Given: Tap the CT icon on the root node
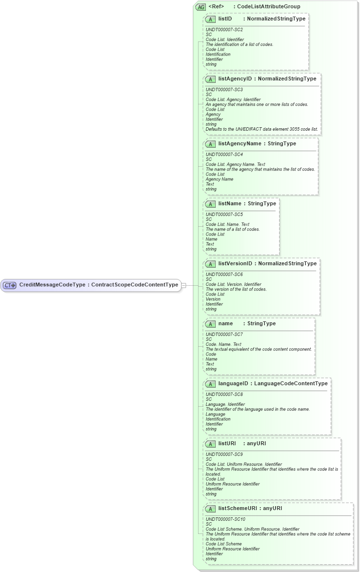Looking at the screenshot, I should point(10,285).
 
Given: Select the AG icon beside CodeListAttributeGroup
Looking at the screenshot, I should point(200,7).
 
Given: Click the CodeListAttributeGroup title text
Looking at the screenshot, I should point(268,7).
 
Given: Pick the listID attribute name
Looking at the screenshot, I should point(225,19).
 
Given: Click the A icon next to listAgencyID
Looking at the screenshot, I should point(211,79).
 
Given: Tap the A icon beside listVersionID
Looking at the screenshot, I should point(211,264).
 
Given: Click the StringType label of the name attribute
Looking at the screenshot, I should point(261,324).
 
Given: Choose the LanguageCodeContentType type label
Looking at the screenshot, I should point(291,384).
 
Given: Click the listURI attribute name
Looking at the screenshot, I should point(227,444).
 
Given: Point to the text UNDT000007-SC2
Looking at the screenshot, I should point(224,30).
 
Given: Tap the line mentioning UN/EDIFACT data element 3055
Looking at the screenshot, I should point(261,129).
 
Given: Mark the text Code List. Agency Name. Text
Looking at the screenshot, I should point(235,164).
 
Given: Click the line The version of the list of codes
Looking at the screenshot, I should point(236,289).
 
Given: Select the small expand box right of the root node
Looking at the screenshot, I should point(183,285).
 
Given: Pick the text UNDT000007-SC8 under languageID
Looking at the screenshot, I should point(224,394).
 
